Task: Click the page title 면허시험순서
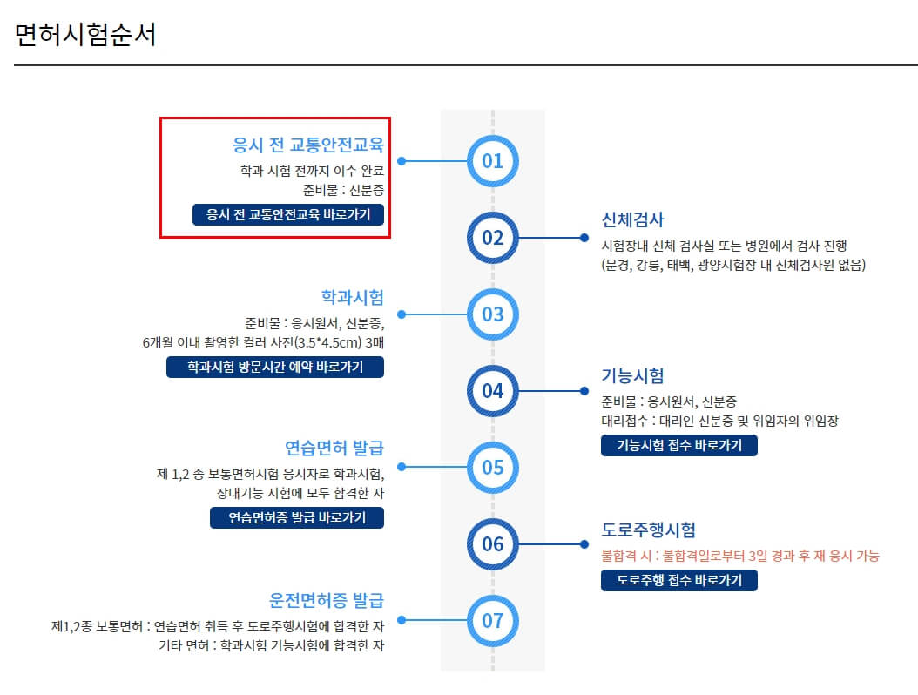85,34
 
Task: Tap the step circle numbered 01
493,161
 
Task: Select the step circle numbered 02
493,238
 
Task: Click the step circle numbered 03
493,314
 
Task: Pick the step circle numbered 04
493,391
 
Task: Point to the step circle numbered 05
493,468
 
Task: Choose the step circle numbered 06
493,544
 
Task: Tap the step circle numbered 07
493,621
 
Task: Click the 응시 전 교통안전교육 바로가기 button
288,215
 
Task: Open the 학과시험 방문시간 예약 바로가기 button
275,368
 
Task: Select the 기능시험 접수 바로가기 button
679,445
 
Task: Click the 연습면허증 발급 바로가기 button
297,517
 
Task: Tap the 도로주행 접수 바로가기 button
679,580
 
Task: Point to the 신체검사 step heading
633,219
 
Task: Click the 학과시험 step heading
353,296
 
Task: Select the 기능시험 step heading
633,375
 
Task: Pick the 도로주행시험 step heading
649,530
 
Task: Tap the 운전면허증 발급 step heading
327,601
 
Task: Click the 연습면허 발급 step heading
334,449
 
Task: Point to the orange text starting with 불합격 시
740,556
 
